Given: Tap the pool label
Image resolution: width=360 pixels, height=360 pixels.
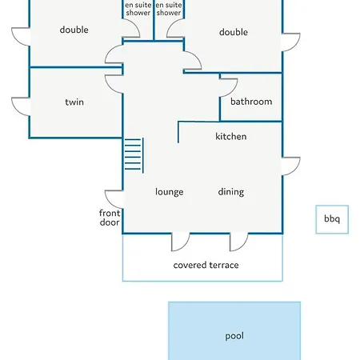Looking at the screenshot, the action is (x=234, y=336).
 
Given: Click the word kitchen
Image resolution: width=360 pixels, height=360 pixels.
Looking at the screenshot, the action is (x=231, y=137).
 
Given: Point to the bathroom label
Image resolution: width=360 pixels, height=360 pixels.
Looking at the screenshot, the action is (x=251, y=102).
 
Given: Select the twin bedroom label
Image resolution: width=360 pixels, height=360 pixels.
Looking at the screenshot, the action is (x=74, y=102).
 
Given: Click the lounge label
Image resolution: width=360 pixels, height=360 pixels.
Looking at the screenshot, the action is (x=170, y=192).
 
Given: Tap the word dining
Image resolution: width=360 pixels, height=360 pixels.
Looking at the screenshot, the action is (x=231, y=192).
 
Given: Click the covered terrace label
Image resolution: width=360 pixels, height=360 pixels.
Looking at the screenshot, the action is (x=206, y=265).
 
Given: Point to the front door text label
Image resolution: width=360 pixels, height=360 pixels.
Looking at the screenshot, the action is (x=110, y=218).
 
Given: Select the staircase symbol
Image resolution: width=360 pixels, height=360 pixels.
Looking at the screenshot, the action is (x=134, y=154).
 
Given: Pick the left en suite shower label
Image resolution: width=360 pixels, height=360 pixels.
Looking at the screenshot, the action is (x=138, y=9).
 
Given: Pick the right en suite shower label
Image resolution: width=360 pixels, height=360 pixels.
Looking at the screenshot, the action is (x=169, y=9).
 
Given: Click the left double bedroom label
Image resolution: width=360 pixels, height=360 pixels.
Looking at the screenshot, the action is (x=74, y=30).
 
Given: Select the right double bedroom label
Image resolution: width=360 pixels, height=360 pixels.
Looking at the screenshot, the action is (x=234, y=32).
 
